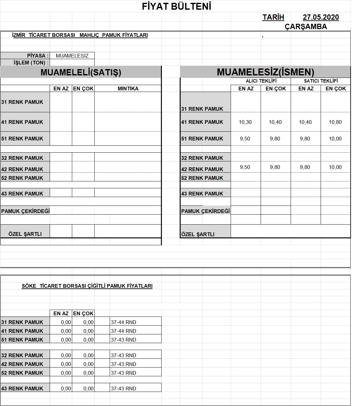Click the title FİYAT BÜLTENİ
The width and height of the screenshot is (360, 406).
[x=177, y=6]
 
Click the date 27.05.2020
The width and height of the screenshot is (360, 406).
[x=321, y=17]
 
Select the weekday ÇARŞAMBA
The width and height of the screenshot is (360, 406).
[x=306, y=27]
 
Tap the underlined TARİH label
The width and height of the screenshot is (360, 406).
[x=273, y=17]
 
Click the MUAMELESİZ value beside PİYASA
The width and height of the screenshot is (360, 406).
[x=72, y=56]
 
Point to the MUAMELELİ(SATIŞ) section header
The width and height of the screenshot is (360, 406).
[x=81, y=72]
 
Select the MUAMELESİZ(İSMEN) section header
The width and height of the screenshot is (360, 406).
[x=265, y=72]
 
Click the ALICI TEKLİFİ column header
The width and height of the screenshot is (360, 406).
[x=261, y=81]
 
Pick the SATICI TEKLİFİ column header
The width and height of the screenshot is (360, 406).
[x=321, y=81]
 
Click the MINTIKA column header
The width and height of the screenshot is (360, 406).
[x=128, y=89]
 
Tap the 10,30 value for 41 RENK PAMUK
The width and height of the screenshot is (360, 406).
[x=245, y=122]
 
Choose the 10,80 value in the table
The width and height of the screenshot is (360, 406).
[x=335, y=122]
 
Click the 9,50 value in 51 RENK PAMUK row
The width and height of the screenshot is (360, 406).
[x=245, y=139]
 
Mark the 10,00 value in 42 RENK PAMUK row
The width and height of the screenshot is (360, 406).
[x=335, y=167]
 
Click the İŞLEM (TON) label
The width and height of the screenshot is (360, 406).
[x=31, y=63]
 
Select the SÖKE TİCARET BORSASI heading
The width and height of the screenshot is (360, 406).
[x=87, y=286]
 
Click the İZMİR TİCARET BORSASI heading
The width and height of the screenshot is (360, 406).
[x=80, y=35]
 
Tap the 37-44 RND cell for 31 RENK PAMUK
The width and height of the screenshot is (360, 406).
[x=123, y=322]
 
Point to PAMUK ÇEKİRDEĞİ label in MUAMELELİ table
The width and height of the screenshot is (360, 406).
[x=25, y=211]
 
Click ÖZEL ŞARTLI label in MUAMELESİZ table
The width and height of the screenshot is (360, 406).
[x=197, y=234]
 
